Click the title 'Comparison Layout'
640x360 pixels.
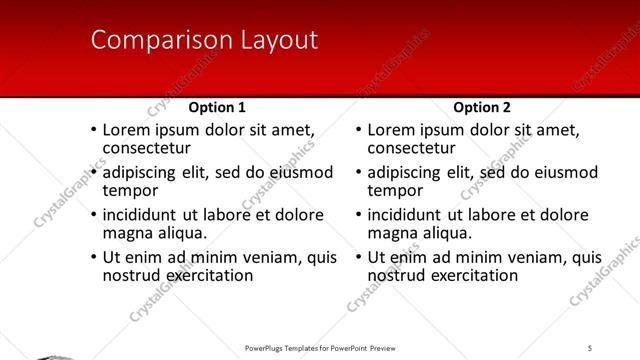[x=204, y=41]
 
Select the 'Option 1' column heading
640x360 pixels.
[x=217, y=107]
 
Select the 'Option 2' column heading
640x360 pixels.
[x=481, y=107]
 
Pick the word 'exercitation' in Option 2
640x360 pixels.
[x=473, y=274]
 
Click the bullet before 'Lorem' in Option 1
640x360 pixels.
[x=93, y=130]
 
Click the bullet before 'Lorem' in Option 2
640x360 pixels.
[x=358, y=130]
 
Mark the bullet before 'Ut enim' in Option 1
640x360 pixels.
[x=93, y=257]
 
